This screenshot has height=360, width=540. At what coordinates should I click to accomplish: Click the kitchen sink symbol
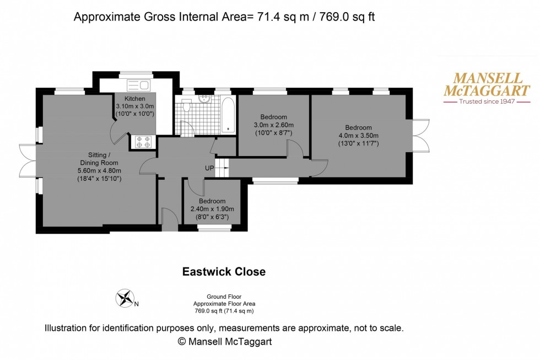(138, 85)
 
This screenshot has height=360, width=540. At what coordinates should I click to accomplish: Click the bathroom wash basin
(205, 100)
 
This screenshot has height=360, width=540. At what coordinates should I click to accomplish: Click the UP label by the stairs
(209, 168)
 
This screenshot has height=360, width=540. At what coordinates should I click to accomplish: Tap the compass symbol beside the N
(125, 298)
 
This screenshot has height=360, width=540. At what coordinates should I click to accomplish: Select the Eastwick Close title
(224, 272)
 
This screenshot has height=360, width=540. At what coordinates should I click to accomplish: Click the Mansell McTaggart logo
(487, 88)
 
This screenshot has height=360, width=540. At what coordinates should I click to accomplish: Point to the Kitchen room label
(134, 99)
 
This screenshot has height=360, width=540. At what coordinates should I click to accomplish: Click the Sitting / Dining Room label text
(100, 159)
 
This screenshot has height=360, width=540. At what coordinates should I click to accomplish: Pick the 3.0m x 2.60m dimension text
(273, 125)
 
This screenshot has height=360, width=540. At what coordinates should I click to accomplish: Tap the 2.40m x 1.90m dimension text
(212, 209)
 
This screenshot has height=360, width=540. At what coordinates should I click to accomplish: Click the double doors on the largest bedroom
(421, 136)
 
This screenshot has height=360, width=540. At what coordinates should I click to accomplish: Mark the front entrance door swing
(169, 216)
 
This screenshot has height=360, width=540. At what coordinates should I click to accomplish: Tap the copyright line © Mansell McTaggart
(224, 342)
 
